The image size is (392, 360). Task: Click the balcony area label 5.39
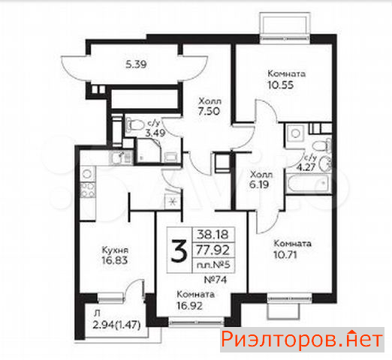click(x=136, y=64)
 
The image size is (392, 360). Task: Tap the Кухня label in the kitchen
click(x=115, y=250)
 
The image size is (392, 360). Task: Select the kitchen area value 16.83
click(x=115, y=260)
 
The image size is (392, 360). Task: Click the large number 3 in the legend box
click(x=179, y=250)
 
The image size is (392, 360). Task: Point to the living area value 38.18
click(x=213, y=235)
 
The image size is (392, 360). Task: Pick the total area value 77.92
click(x=213, y=250)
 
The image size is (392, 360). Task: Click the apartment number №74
click(x=216, y=280)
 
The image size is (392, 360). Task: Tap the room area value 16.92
click(x=189, y=305)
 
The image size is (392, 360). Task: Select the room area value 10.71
click(x=285, y=255)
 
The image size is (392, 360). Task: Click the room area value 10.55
click(x=281, y=85)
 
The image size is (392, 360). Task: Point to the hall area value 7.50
click(x=210, y=111)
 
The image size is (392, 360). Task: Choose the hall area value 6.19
click(x=259, y=184)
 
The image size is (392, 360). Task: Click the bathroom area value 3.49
click(x=155, y=133)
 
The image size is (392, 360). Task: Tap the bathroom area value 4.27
click(x=306, y=167)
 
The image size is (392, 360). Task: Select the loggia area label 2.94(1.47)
click(x=116, y=325)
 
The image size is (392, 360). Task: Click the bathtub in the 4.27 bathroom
click(x=309, y=183)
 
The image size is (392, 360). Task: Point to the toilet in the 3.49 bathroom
click(x=134, y=124)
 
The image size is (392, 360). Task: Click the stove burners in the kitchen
click(x=87, y=190)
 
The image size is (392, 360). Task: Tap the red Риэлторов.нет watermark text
click(x=302, y=340)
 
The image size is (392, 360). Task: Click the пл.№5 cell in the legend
click(x=213, y=265)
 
